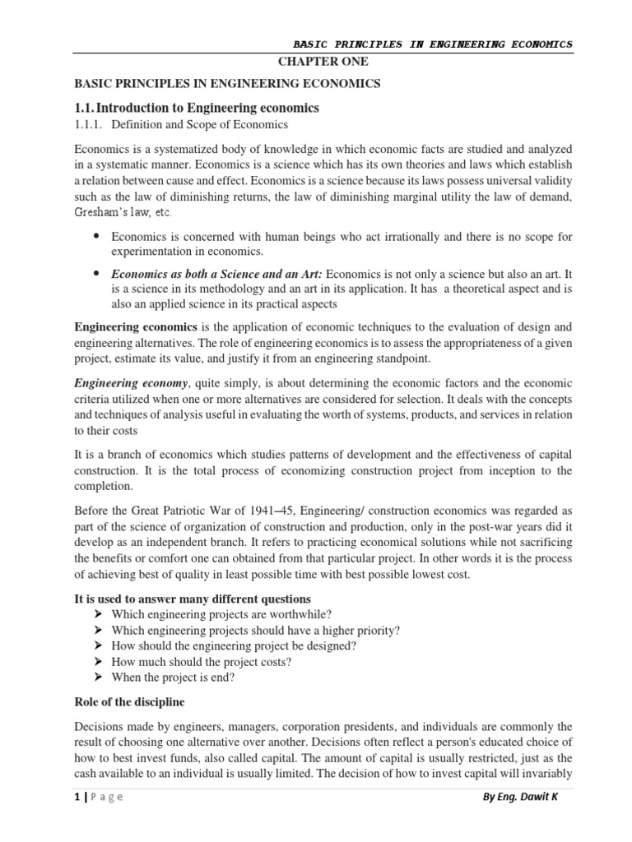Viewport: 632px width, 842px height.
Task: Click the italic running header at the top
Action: pyautogui.click(x=433, y=44)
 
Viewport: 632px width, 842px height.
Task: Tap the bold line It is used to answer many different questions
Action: pyautogui.click(x=193, y=599)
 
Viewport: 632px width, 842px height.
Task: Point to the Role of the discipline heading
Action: pyautogui.click(x=129, y=703)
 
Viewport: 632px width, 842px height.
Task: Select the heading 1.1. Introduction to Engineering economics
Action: pyautogui.click(x=197, y=108)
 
